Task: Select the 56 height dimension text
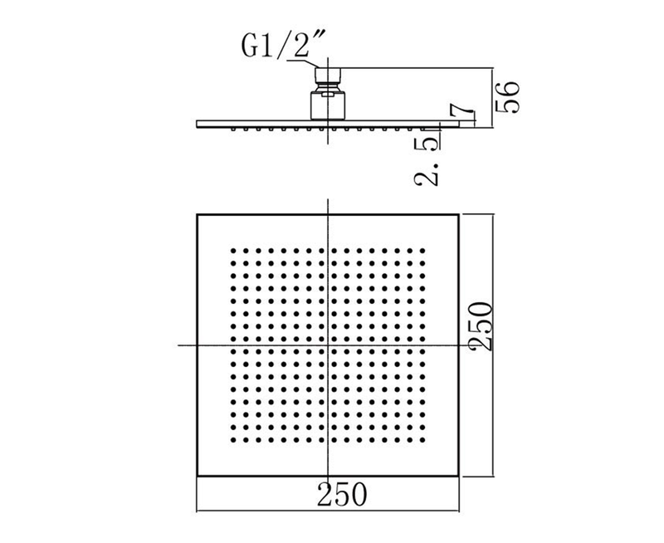coord(507,97)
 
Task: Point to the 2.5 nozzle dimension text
coord(427,161)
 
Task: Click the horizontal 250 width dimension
coord(342,494)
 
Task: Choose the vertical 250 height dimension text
coord(481,326)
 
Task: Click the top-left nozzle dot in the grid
coord(233,251)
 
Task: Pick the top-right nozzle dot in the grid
coord(422,251)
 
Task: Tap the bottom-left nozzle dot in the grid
coord(233,440)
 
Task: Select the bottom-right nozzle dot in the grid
coord(422,440)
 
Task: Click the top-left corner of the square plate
coord(198,215)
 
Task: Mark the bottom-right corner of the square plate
coord(459,477)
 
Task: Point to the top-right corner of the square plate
coord(459,215)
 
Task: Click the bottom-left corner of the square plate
coord(198,477)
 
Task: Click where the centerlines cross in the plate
coord(328,345)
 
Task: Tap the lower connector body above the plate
coord(328,105)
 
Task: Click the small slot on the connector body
coord(328,95)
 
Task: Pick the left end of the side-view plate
coord(198,124)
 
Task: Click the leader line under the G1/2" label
coord(302,63)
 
